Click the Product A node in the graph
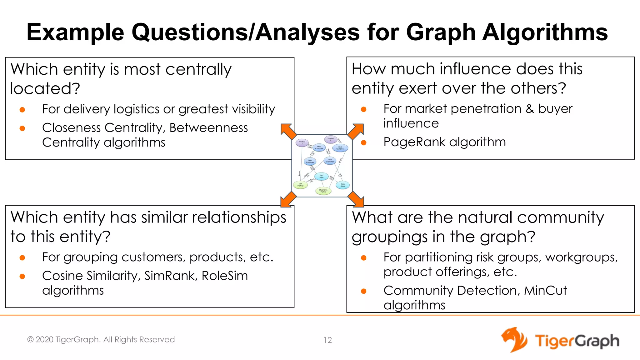pyautogui.click(x=302, y=143)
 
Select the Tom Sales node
pyautogui.click(x=321, y=177)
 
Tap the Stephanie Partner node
pyautogui.click(x=323, y=191)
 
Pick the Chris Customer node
pyautogui.click(x=340, y=148)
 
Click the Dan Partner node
pyautogui.click(x=300, y=185)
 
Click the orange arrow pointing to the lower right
pyautogui.click(x=356, y=199)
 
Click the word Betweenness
pyautogui.click(x=208, y=128)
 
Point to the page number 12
pyautogui.click(x=327, y=340)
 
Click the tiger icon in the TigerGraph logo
pyautogui.click(x=514, y=340)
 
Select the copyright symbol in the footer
pyautogui.click(x=30, y=340)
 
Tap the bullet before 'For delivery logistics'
pyautogui.click(x=22, y=110)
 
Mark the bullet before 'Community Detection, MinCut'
pyautogui.click(x=363, y=291)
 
